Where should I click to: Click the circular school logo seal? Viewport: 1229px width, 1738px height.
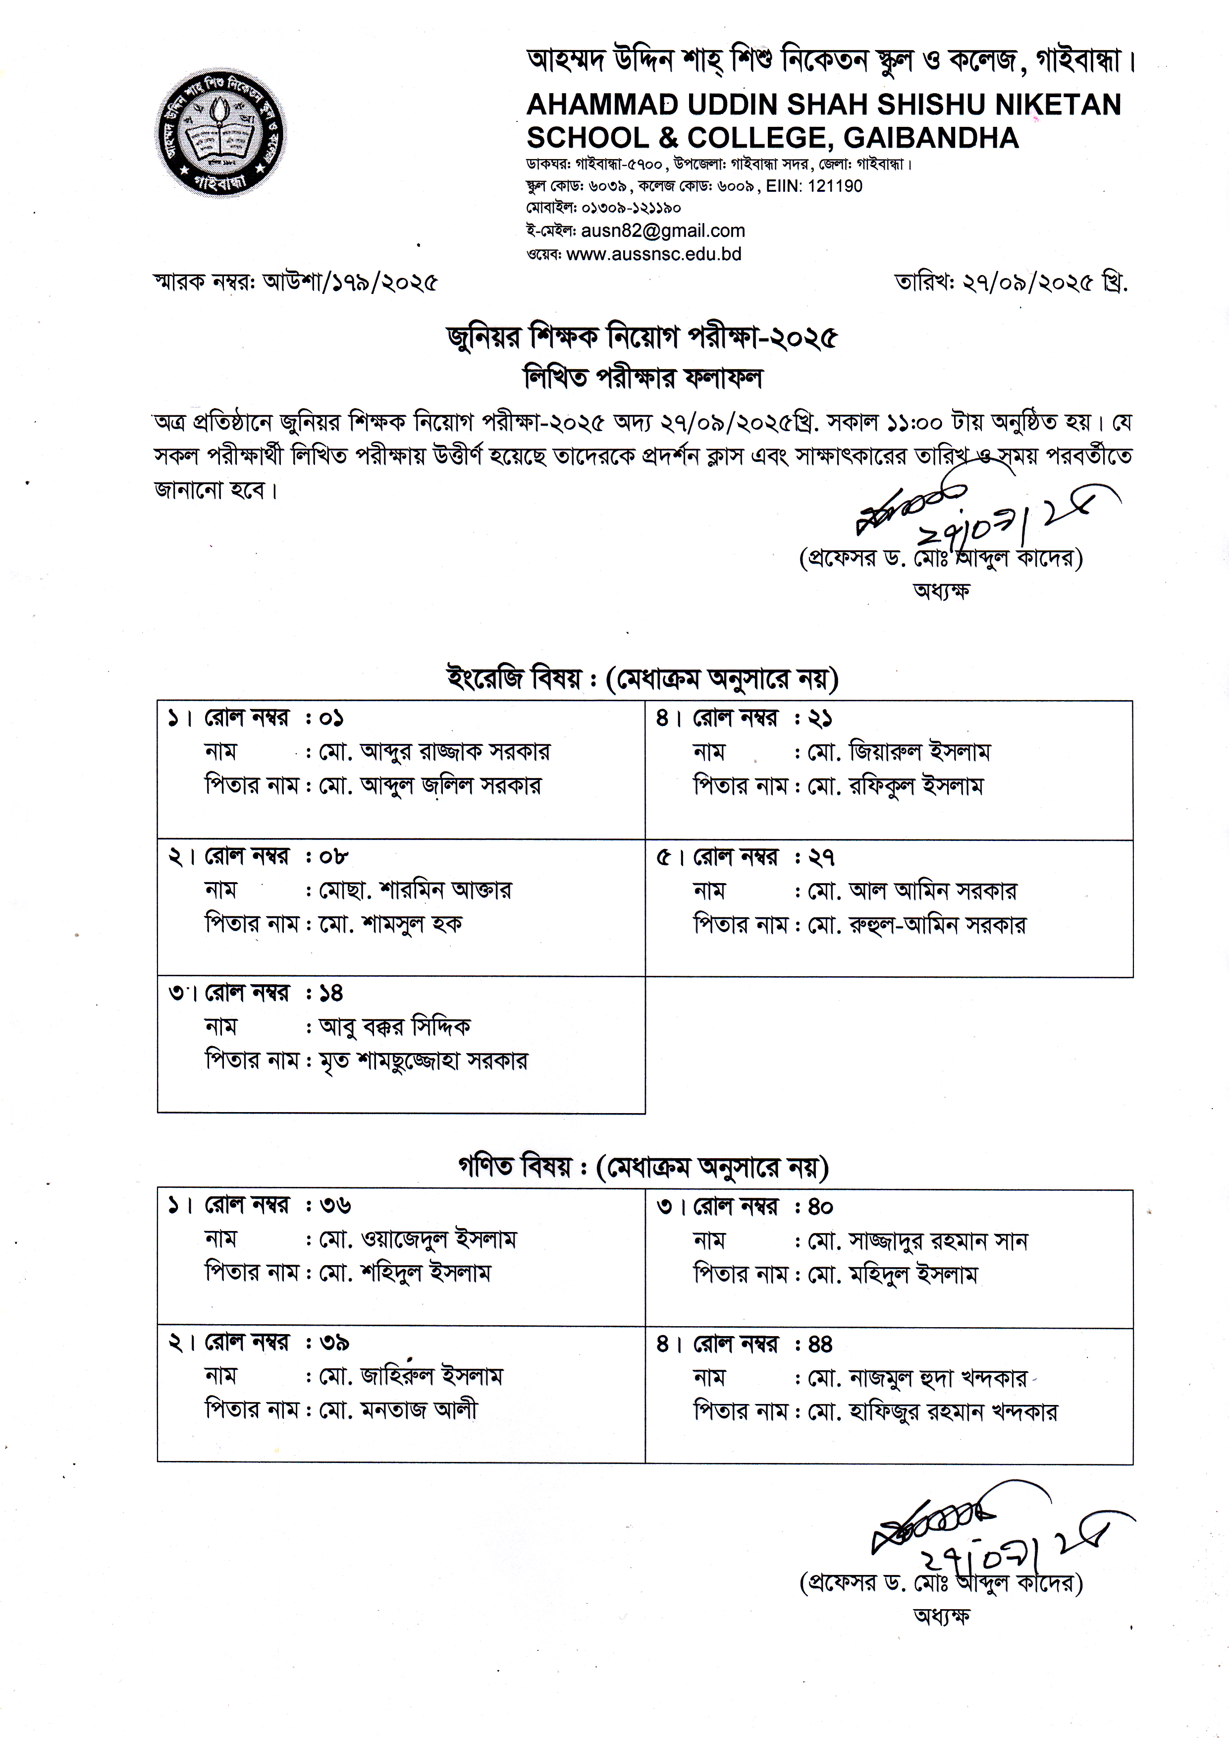tap(221, 133)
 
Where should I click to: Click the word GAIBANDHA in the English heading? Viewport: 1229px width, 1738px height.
tap(931, 138)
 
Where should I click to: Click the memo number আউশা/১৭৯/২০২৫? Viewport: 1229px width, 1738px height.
tap(350, 282)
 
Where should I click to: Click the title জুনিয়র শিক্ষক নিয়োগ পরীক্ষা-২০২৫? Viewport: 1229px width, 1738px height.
tap(641, 338)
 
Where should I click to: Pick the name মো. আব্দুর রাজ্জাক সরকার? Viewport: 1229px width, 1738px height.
tap(434, 752)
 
